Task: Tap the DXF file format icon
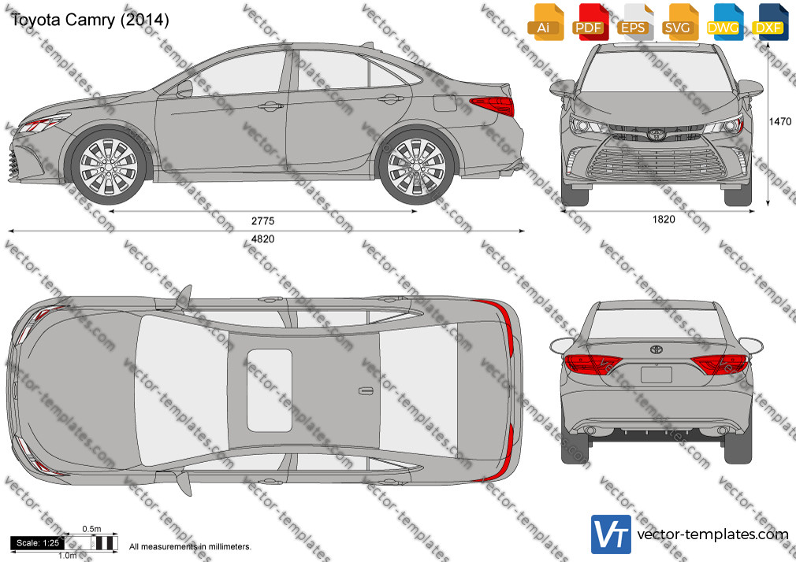pyautogui.click(x=771, y=22)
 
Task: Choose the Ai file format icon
pyautogui.click(x=546, y=22)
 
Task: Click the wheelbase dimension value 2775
pyautogui.click(x=263, y=220)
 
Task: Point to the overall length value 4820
pyautogui.click(x=263, y=239)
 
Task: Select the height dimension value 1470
pyautogui.click(x=779, y=122)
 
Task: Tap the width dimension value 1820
pyautogui.click(x=664, y=219)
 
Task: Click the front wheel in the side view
pyautogui.click(x=108, y=166)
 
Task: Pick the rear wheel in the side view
pyautogui.click(x=416, y=166)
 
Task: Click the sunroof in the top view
pyautogui.click(x=270, y=390)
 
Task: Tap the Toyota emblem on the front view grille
pyautogui.click(x=657, y=135)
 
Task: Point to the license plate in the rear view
pyautogui.click(x=657, y=375)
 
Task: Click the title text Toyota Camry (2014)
pyautogui.click(x=89, y=19)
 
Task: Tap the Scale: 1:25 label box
pyautogui.click(x=38, y=543)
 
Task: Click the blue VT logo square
pyautogui.click(x=612, y=534)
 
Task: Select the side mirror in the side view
pyautogui.click(x=184, y=89)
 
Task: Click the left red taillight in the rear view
pyautogui.click(x=593, y=364)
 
